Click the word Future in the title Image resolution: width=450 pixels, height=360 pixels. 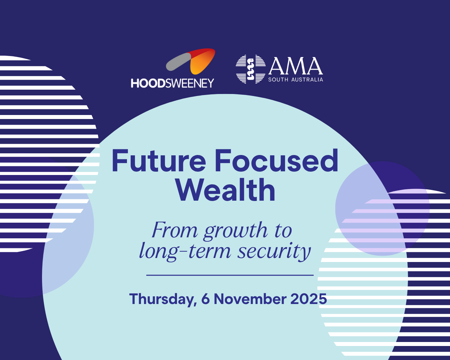point(159,160)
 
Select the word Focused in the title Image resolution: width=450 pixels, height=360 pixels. point(277,160)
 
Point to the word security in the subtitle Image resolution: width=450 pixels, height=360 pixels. point(274,252)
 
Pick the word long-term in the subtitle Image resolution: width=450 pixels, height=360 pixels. point(185,252)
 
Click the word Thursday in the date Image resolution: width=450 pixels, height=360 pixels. point(163,299)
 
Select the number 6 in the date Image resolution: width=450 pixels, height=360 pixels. point(205,299)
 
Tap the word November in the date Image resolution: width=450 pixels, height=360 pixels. point(250,299)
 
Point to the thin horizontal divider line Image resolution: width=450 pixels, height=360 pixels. point(230,275)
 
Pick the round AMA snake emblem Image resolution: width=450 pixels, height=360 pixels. point(251,69)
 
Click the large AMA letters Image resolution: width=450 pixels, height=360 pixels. point(296,66)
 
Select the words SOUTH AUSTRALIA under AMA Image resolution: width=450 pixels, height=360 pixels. point(296,80)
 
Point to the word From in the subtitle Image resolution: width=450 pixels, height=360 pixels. point(175,230)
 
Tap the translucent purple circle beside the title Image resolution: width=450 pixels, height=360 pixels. point(382,209)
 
